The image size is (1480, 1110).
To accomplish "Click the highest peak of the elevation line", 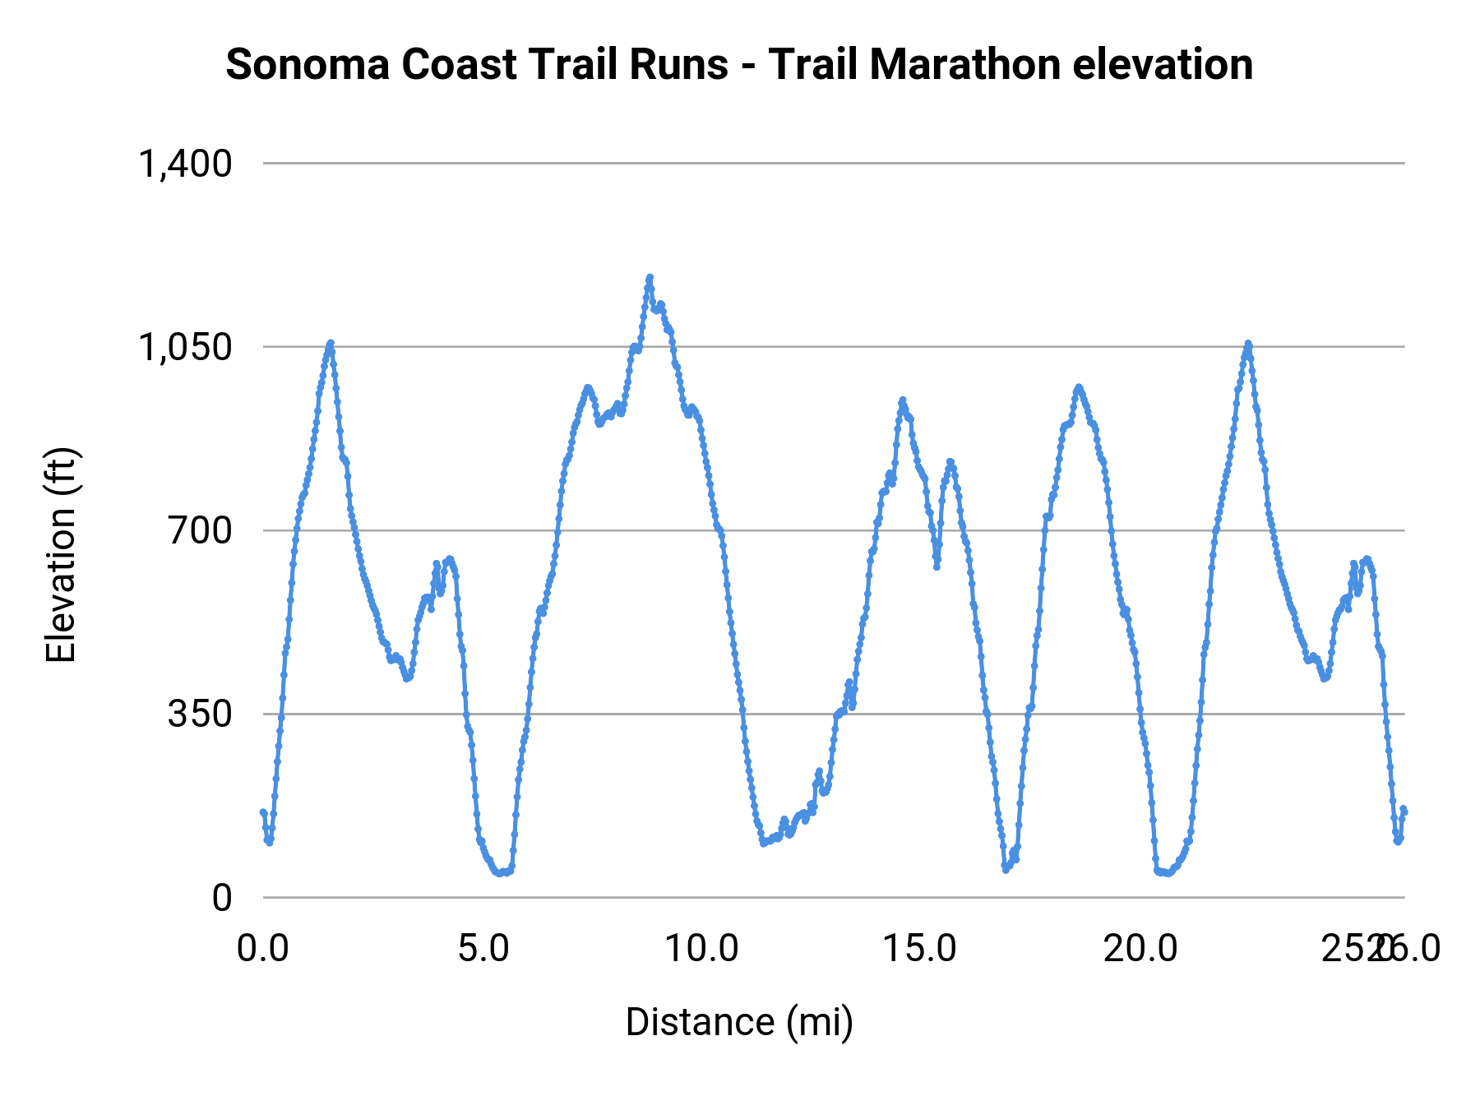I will [650, 278].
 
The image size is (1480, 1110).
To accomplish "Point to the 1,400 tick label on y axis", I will [186, 164].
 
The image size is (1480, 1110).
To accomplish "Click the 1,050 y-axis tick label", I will [186, 347].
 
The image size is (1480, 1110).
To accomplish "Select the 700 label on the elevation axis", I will [201, 530].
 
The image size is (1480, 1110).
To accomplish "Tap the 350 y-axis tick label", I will [201, 714].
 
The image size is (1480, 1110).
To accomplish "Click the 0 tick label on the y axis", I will [222, 898].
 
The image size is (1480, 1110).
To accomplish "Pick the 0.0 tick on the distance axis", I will [263, 949].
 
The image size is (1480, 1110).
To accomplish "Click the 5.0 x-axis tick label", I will [483, 949].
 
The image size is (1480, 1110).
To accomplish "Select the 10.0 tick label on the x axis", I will [702, 949].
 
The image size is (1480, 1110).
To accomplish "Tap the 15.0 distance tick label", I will [921, 949].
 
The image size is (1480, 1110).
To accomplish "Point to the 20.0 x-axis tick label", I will [1140, 949].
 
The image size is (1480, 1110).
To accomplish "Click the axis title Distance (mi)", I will [739, 1022].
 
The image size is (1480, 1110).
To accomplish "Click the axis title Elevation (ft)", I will [61, 555].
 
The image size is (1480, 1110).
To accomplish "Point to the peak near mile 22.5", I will [1248, 344].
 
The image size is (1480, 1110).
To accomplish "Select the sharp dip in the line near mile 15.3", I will [937, 567].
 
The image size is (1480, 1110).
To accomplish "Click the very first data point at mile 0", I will [263, 812].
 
